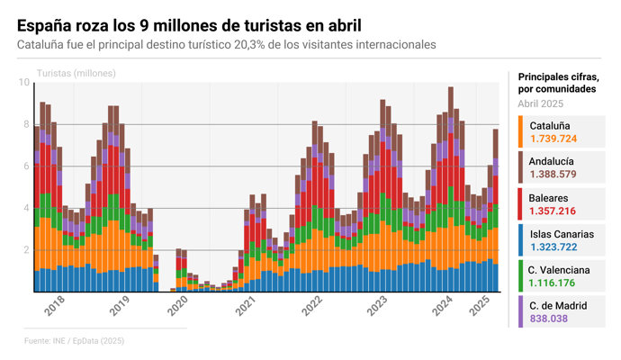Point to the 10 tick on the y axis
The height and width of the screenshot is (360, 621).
coord(23,83)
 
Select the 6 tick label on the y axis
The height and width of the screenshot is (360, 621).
coord(26,166)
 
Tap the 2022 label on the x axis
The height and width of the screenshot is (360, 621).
coord(312,308)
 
